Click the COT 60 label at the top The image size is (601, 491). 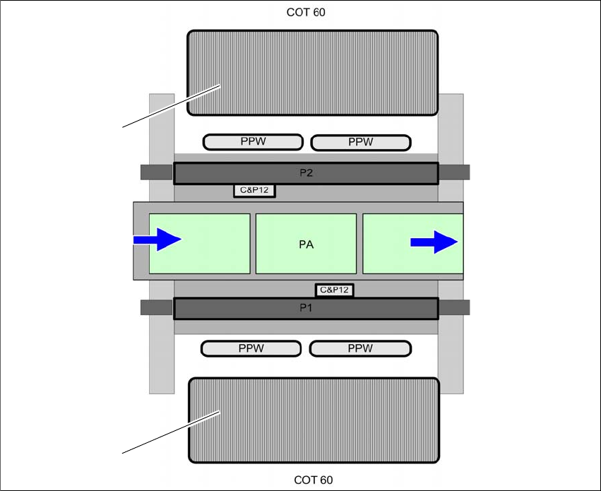306,12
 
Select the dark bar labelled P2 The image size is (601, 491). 306,173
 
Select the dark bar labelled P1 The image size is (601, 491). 306,309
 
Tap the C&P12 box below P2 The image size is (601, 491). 254,190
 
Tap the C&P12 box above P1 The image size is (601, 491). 334,290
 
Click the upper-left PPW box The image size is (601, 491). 253,142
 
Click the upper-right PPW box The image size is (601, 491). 361,142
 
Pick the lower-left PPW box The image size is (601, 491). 251,348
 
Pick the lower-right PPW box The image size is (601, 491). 360,348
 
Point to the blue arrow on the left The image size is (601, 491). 158,239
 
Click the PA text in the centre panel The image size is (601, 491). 306,245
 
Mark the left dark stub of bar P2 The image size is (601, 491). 156,172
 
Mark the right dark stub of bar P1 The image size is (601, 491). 454,307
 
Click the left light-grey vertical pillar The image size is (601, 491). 162,353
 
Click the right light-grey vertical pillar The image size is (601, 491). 451,353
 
